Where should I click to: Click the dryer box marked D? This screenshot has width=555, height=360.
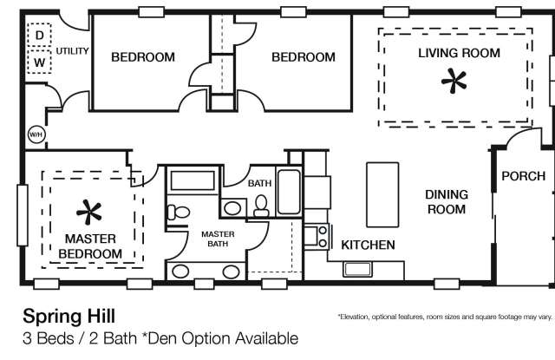click(39, 35)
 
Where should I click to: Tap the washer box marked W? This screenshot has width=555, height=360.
click(39, 62)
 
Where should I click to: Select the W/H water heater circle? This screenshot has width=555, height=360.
click(36, 134)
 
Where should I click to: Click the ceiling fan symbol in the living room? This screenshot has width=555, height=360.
click(454, 81)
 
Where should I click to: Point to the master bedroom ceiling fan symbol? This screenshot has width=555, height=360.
click(88, 212)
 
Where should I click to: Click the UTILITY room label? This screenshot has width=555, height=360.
click(72, 51)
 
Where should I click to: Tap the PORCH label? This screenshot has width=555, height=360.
click(523, 176)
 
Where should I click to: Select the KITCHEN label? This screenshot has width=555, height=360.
click(368, 245)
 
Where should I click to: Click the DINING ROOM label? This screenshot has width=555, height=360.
click(447, 202)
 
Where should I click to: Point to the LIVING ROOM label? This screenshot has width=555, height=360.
click(459, 53)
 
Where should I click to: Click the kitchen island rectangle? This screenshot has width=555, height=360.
click(382, 194)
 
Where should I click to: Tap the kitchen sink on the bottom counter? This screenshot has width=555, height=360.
click(357, 270)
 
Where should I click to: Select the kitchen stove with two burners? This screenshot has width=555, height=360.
click(317, 236)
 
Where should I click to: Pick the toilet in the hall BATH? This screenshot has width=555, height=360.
click(261, 206)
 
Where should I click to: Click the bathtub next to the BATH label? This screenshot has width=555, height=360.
click(289, 192)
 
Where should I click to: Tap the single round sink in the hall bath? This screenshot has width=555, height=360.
click(232, 208)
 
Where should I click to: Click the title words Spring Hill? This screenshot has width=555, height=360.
click(69, 316)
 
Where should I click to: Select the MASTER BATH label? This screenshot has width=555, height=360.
click(218, 239)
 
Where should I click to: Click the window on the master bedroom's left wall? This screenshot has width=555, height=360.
click(23, 215)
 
